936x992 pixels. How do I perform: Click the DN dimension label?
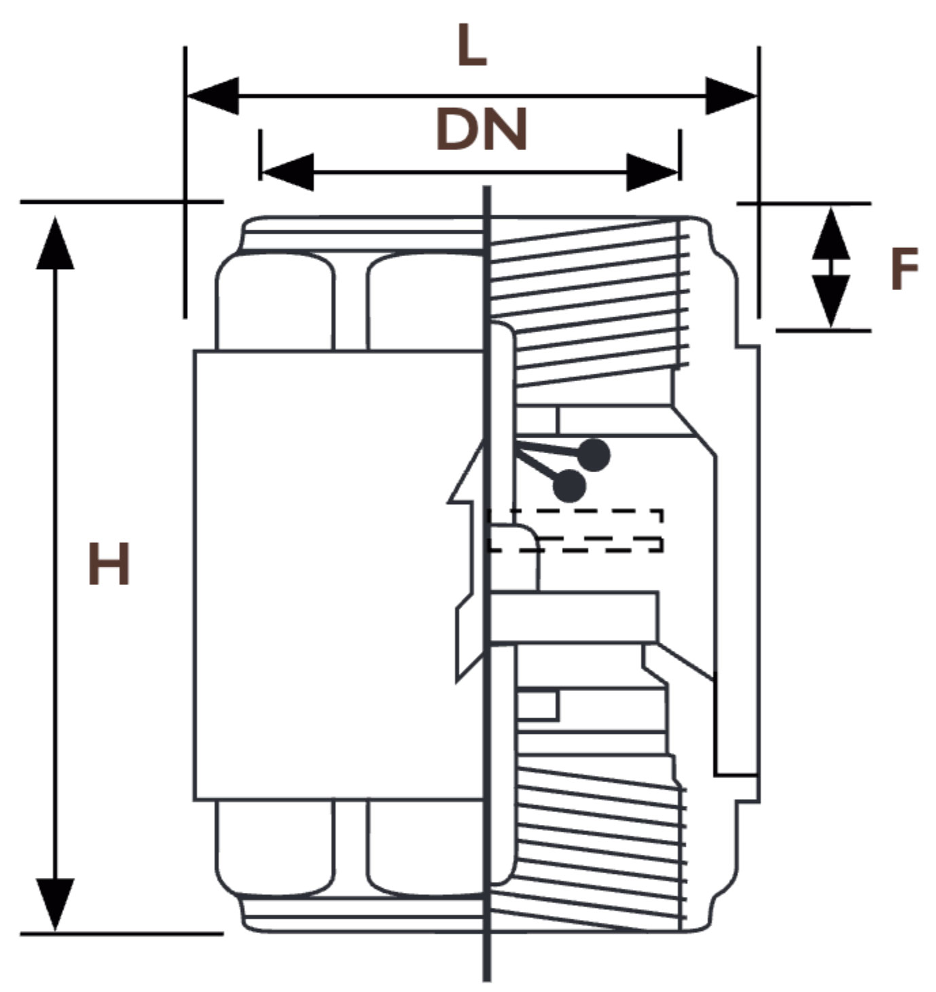point(481,128)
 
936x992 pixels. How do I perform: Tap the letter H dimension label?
point(109,565)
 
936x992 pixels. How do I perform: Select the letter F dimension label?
point(904,269)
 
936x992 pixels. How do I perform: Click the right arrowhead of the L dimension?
point(731,96)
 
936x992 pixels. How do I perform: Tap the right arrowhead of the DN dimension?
point(653,172)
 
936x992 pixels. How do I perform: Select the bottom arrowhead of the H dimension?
point(55,904)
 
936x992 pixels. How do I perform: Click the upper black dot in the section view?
point(594,455)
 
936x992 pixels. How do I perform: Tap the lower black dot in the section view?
point(569,486)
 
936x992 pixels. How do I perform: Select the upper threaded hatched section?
point(591,299)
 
